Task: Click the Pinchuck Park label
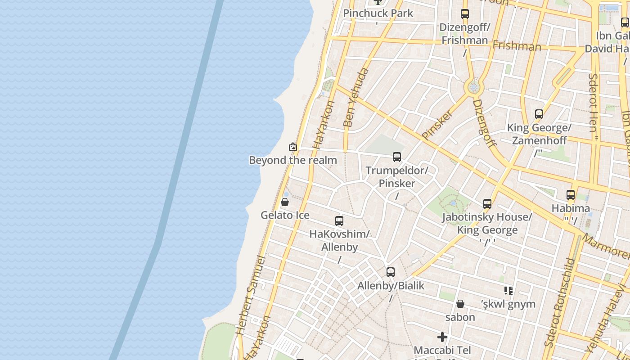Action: (x=378, y=13)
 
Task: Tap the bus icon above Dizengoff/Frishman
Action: (x=465, y=14)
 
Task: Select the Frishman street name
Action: (x=517, y=46)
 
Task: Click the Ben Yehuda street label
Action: (x=355, y=97)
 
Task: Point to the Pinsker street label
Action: (x=437, y=124)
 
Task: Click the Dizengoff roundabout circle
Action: (x=473, y=87)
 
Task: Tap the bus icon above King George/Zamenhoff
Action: (x=539, y=114)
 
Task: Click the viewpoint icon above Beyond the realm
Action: (x=293, y=147)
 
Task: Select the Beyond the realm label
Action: (x=293, y=160)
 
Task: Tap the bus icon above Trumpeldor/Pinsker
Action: (x=397, y=157)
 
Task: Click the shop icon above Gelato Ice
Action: (x=284, y=202)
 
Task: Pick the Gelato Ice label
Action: (x=285, y=215)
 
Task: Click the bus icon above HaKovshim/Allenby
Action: (x=339, y=221)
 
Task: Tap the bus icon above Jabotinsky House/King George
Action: (x=487, y=204)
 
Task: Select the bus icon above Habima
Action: (x=571, y=195)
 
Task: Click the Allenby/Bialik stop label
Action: (x=391, y=286)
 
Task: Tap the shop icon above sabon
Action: (x=460, y=304)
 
